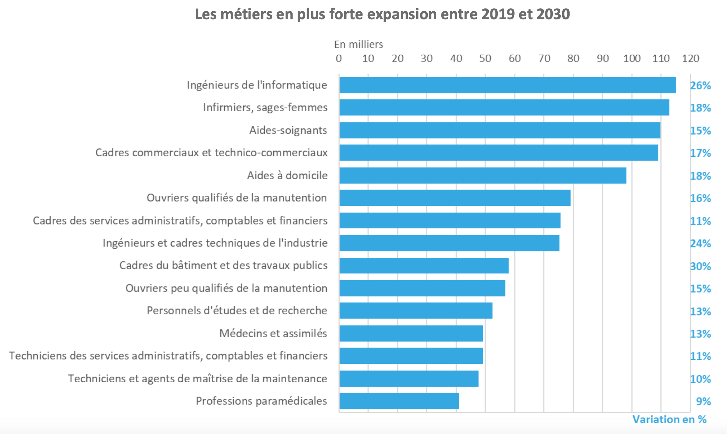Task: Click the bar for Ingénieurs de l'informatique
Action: point(507,85)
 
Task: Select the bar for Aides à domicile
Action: point(482,175)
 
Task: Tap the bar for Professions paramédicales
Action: point(399,401)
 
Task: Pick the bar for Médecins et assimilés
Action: point(411,333)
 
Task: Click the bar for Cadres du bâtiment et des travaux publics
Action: point(424,266)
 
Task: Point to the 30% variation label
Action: point(700,266)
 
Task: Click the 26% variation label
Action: point(700,86)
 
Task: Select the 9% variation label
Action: point(703,402)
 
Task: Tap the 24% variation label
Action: point(700,244)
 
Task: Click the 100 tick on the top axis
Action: point(632,59)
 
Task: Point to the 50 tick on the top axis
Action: point(485,59)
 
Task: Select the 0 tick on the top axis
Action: point(339,59)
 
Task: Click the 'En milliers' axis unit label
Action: point(358,44)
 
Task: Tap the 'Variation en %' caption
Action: point(669,419)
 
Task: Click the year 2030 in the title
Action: point(553,14)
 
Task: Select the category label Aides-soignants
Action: point(288,130)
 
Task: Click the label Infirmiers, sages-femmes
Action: point(265,107)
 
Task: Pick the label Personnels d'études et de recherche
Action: point(237,310)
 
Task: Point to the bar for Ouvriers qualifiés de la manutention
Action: point(455,198)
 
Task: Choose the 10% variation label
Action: point(700,379)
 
